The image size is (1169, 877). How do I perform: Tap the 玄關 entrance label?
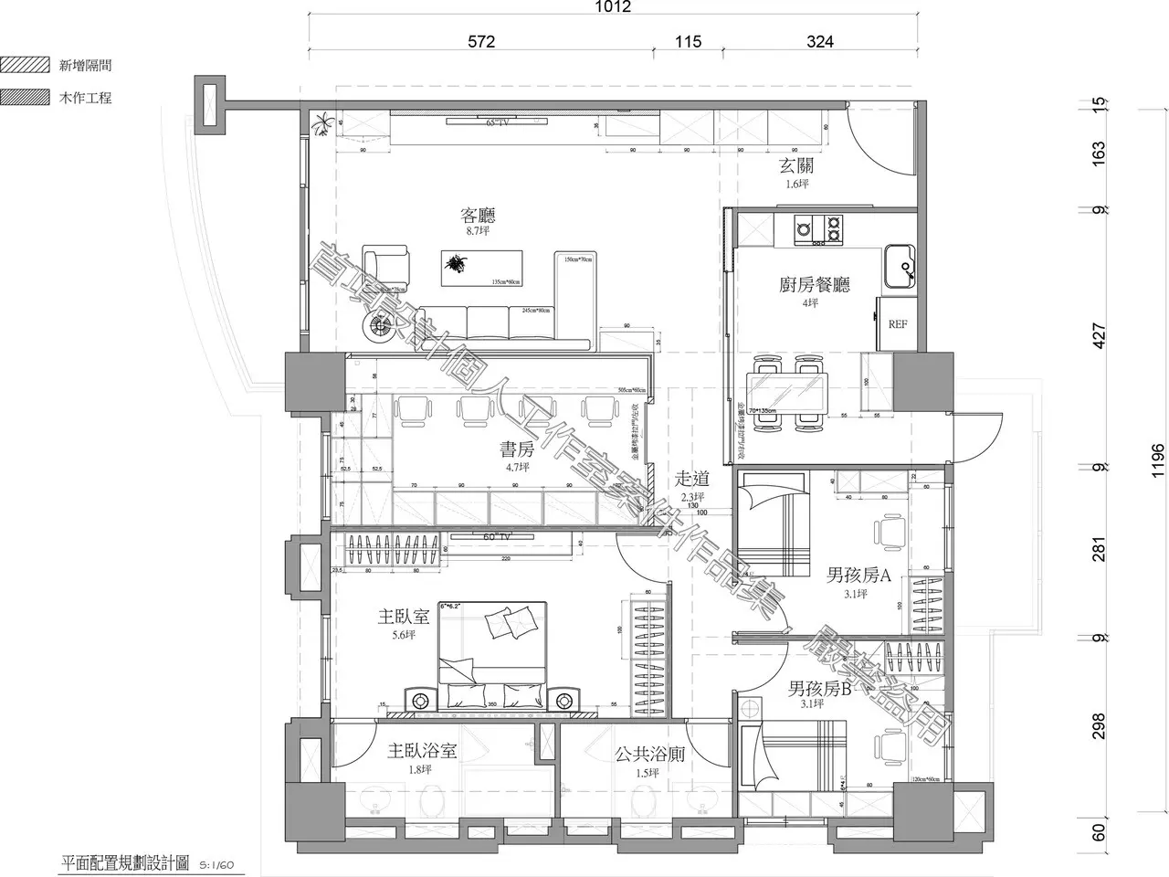(795, 166)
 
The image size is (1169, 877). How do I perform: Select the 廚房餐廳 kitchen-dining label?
(815, 285)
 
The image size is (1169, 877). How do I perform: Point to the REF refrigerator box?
(897, 324)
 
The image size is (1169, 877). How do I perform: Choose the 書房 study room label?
(516, 449)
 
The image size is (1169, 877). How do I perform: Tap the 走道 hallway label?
(691, 479)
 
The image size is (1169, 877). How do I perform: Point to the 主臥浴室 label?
(421, 752)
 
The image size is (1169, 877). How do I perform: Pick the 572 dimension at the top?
(480, 41)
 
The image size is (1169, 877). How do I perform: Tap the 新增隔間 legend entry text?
(85, 65)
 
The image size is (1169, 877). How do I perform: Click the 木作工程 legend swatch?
(25, 97)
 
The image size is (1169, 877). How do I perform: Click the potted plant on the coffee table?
(453, 266)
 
